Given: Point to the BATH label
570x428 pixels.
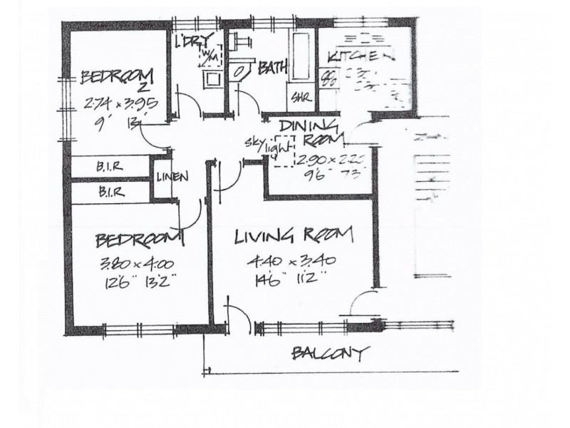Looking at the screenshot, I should point(272,68).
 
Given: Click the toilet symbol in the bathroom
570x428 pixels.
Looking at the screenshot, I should point(240,71).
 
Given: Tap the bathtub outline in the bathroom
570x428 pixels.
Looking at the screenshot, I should point(300,57).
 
